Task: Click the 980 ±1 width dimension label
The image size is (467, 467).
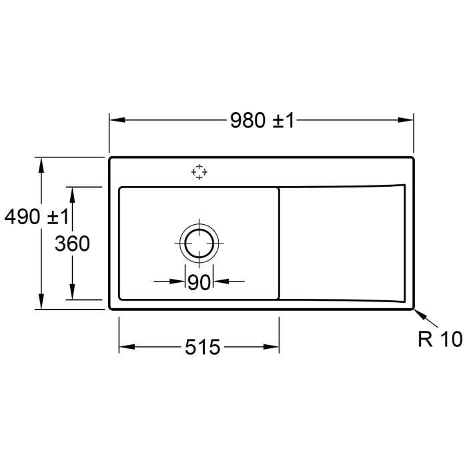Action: [x=262, y=121]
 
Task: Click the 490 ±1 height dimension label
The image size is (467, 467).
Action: [x=36, y=217]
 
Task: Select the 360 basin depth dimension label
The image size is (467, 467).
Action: [x=72, y=244]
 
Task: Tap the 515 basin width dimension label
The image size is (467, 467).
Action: [x=203, y=347]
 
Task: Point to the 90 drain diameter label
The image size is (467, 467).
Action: [x=199, y=282]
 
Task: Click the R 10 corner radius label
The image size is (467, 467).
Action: [x=440, y=339]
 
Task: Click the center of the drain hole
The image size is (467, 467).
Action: [x=199, y=244]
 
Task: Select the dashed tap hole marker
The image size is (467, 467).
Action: [x=199, y=172]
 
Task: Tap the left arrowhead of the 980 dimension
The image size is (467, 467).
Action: [x=117, y=120]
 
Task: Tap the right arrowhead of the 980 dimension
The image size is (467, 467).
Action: [x=406, y=120]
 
